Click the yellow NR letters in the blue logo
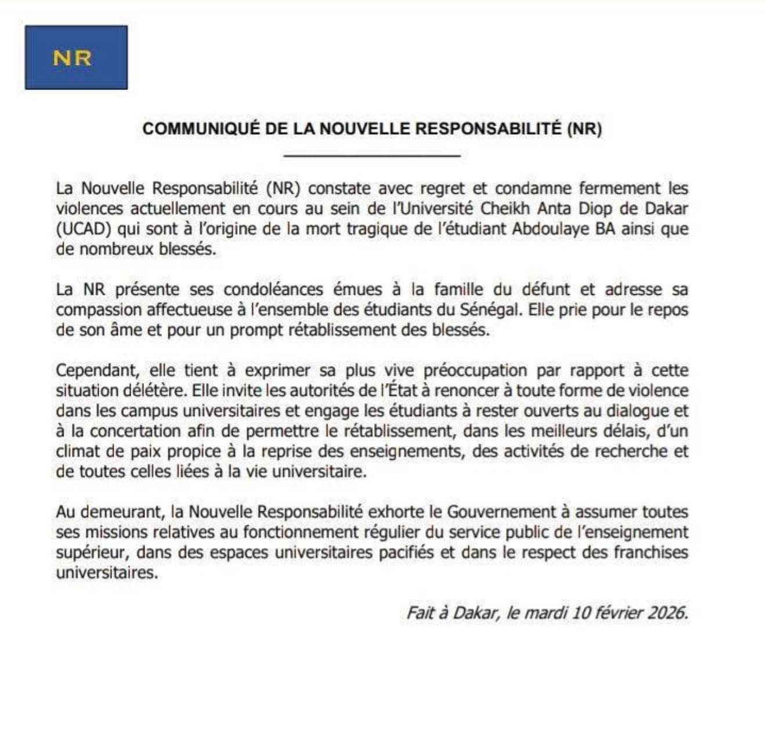pyautogui.click(x=73, y=58)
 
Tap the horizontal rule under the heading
pyautogui.click(x=372, y=156)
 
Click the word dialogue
pyautogui.click(x=624, y=411)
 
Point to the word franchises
pyautogui.click(x=651, y=553)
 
